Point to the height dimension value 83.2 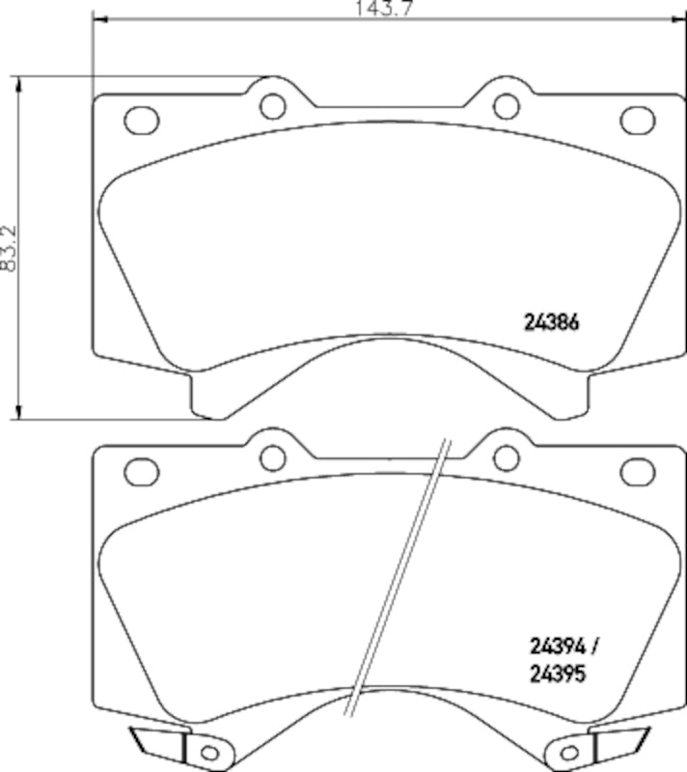tap(10, 248)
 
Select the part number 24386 tap(551, 324)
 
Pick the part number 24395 tap(558, 676)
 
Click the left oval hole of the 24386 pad tap(142, 121)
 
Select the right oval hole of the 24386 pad tap(637, 120)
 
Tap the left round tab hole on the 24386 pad tap(273, 103)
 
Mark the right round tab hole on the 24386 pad tap(504, 103)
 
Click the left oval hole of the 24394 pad tap(142, 471)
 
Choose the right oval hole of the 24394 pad tap(637, 471)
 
